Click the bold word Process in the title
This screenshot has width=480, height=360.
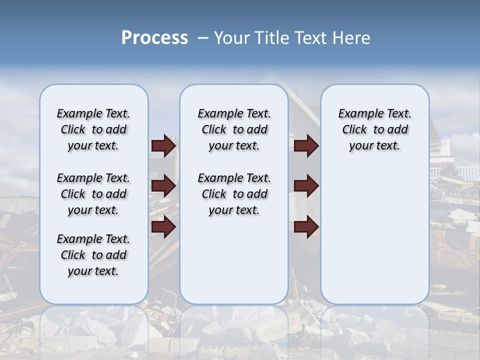154,38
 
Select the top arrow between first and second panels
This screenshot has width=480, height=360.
163,145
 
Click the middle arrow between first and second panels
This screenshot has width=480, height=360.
163,186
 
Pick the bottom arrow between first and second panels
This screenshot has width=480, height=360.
163,227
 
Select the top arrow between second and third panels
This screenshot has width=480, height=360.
306,145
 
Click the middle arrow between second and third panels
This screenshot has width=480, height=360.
306,186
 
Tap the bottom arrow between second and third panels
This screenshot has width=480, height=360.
306,227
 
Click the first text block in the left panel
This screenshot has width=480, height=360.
93,129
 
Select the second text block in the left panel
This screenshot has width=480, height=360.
93,194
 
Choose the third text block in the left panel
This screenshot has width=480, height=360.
93,255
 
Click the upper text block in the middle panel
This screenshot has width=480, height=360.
234,129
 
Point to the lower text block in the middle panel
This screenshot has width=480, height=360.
234,194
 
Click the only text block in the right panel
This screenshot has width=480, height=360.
374,129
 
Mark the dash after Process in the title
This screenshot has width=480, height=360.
203,38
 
